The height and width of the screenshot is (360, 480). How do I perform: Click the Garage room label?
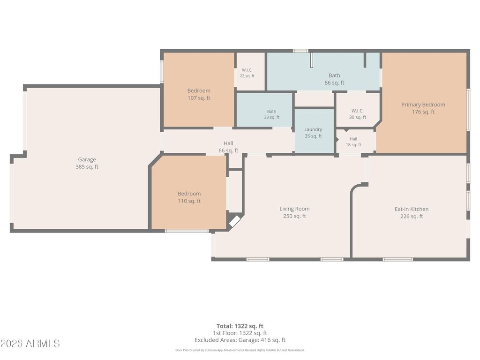87,159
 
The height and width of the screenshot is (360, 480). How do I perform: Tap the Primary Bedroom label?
423,105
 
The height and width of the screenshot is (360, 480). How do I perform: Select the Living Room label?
294,209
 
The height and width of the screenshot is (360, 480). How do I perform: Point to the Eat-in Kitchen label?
412,209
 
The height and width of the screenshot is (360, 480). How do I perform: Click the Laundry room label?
313,129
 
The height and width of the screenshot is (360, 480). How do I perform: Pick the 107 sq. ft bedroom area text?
199,98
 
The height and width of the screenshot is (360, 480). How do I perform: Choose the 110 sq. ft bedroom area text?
189,201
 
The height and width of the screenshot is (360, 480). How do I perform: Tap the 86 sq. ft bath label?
334,82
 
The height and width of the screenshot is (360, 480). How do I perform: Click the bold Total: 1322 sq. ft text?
240,326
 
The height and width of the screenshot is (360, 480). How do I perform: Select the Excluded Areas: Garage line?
240,340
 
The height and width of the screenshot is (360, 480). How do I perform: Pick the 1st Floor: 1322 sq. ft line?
240,333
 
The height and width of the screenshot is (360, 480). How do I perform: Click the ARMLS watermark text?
30,344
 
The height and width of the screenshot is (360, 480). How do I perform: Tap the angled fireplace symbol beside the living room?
235,221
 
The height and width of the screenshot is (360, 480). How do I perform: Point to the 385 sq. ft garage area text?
87,167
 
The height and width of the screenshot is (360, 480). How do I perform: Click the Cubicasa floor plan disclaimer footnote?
240,350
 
